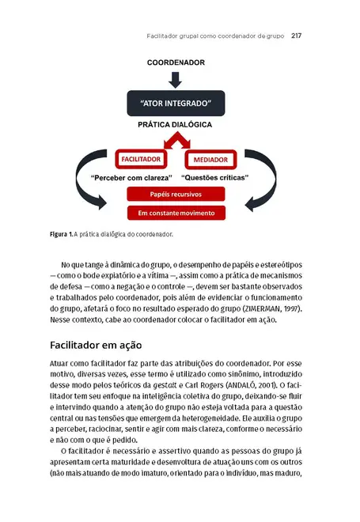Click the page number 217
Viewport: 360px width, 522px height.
299,36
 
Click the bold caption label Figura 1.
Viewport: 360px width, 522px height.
61,235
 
